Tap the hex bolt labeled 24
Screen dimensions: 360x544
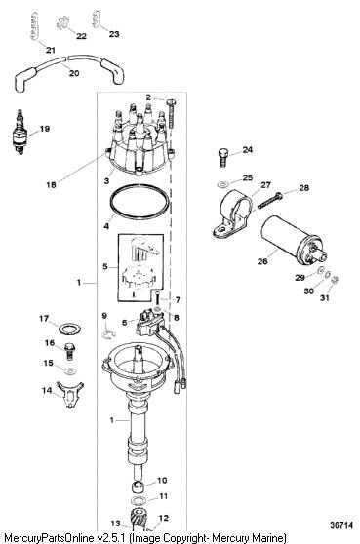(223, 158)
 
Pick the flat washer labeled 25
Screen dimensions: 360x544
(221, 184)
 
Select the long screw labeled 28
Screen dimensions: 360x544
(269, 201)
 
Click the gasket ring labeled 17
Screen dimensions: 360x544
(70, 329)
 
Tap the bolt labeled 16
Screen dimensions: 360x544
(70, 350)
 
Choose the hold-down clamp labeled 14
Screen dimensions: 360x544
(70, 395)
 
